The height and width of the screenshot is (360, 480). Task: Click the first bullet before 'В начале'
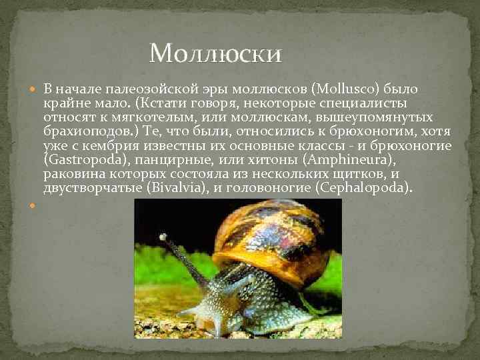pyautogui.click(x=34, y=89)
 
